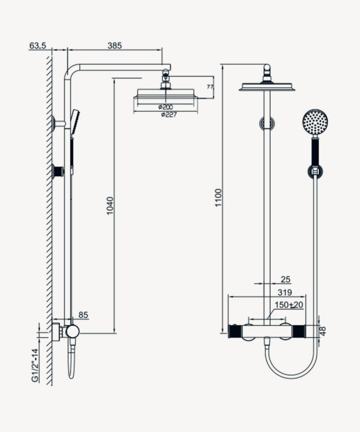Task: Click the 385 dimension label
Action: [x=115, y=46]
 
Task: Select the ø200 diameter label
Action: [x=165, y=107]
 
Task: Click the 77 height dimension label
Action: [x=210, y=87]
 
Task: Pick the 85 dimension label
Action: [x=83, y=315]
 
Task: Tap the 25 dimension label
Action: [x=286, y=279]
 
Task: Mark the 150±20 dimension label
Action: [x=289, y=305]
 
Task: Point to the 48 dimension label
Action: [x=323, y=331]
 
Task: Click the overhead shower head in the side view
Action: [x=167, y=94]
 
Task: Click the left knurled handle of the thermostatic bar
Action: [x=236, y=331]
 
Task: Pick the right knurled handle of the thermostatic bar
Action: [x=299, y=331]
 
